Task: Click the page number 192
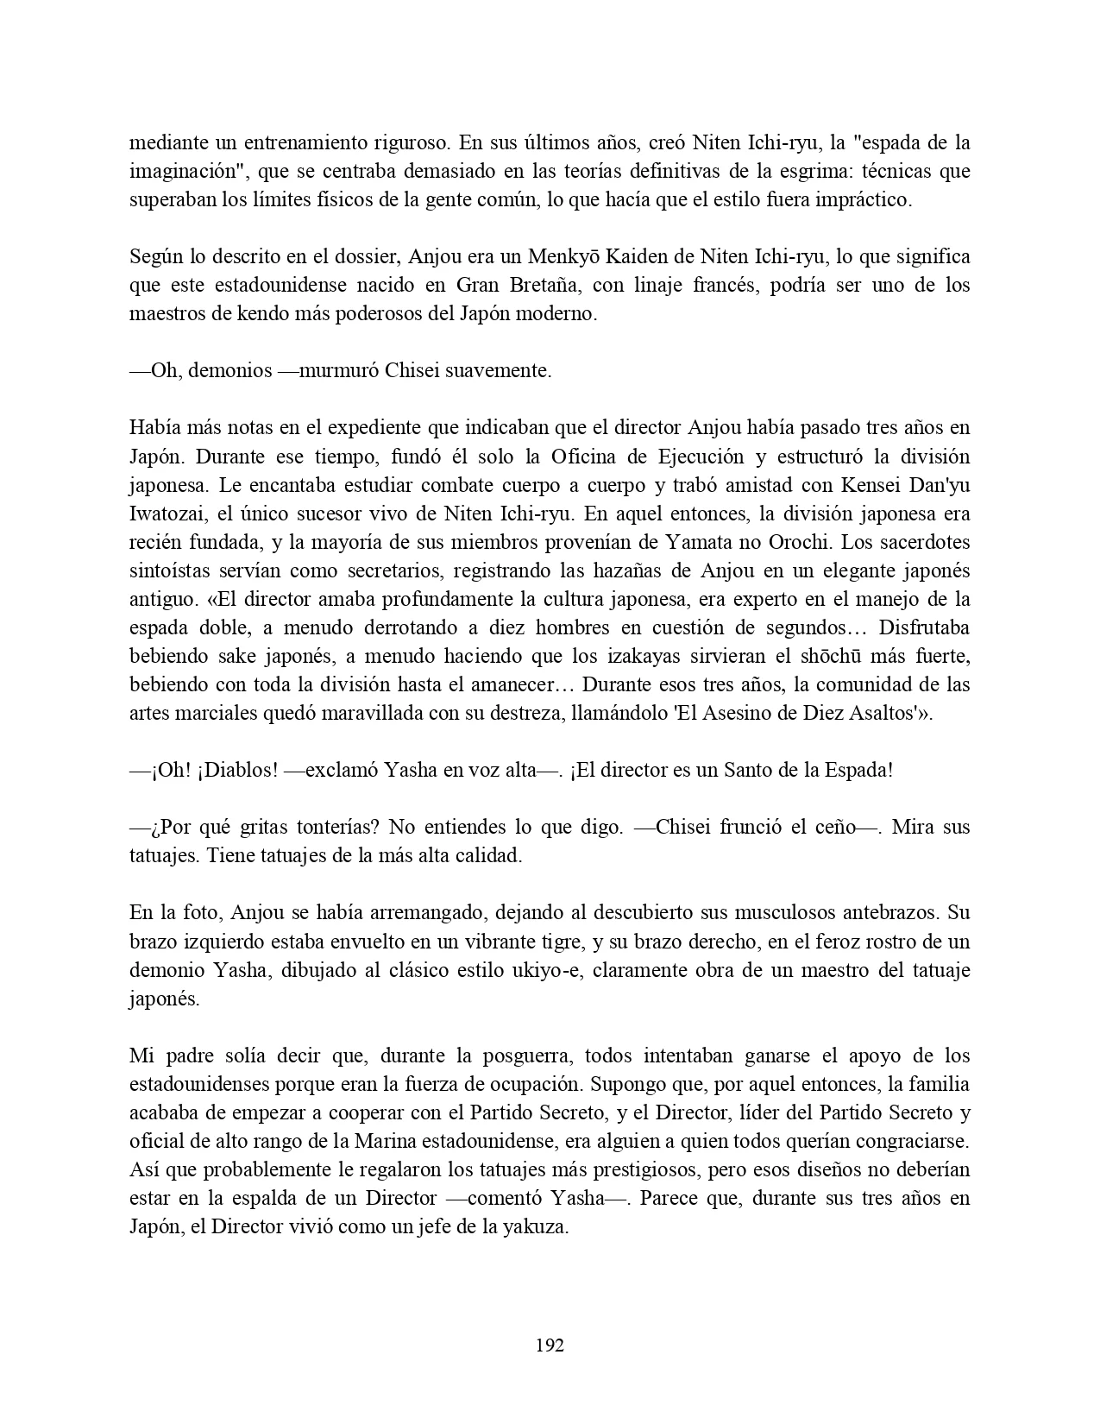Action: point(550,1345)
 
